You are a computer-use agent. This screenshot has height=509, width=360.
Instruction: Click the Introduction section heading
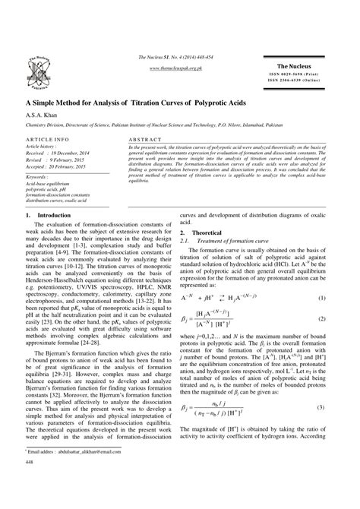[50, 215]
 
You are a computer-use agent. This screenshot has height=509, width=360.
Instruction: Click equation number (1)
[343, 299]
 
